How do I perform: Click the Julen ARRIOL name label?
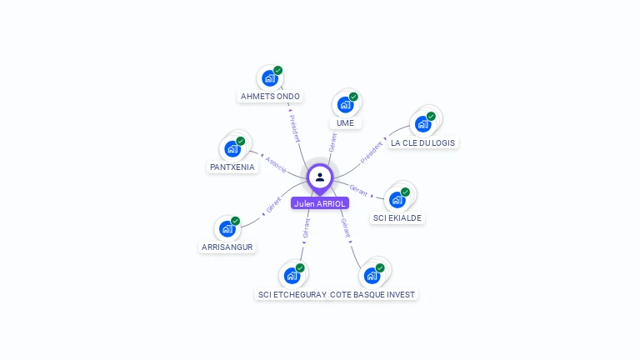(x=320, y=203)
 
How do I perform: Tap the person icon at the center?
(x=320, y=177)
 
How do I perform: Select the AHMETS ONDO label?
(x=270, y=97)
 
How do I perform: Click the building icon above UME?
(x=345, y=105)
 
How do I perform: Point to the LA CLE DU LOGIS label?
(x=423, y=142)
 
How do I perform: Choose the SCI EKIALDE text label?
(x=397, y=218)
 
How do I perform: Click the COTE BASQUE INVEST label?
(x=372, y=294)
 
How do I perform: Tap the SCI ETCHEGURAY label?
(x=292, y=294)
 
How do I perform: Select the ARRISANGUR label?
(x=227, y=247)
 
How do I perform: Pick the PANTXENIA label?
(x=232, y=167)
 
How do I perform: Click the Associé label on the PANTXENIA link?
(x=276, y=164)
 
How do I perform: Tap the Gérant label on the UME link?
(x=332, y=142)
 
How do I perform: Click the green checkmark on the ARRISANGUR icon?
(x=235, y=221)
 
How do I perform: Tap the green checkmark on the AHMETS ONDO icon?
(x=277, y=71)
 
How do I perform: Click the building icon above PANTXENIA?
(x=232, y=149)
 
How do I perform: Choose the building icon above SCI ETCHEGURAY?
(x=292, y=275)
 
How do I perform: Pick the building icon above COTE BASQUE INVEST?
(x=372, y=275)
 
